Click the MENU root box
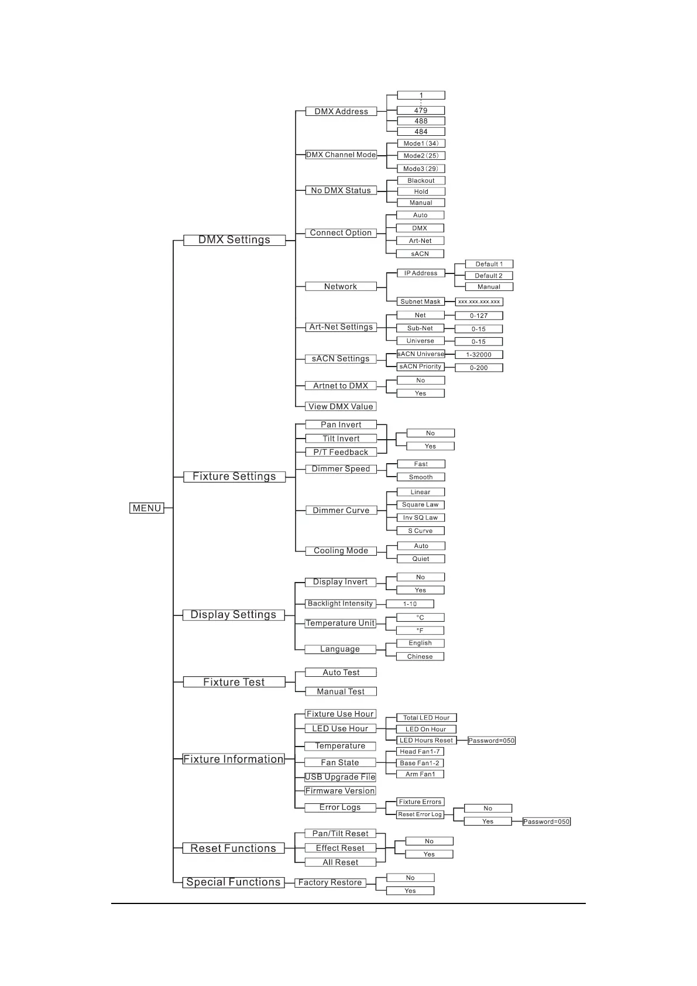pyautogui.click(x=146, y=508)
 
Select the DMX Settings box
pyautogui.click(x=234, y=240)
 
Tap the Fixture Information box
pyautogui.click(x=234, y=759)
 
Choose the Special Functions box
pyautogui.click(x=233, y=882)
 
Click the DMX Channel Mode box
pyautogui.click(x=341, y=155)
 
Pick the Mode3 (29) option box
pyautogui.click(x=421, y=169)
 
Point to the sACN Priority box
pyautogui.click(x=420, y=367)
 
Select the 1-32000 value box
pyautogui.click(x=479, y=355)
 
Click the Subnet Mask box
pyautogui.click(x=420, y=302)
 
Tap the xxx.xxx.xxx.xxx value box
pyautogui.click(x=479, y=302)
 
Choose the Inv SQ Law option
pyautogui.click(x=420, y=518)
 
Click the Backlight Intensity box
pyautogui.click(x=340, y=604)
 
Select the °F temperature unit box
pyautogui.click(x=420, y=631)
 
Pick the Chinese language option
pyautogui.click(x=420, y=656)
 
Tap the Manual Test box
pyautogui.click(x=341, y=691)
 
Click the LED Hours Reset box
pyautogui.click(x=426, y=741)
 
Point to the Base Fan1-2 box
pyautogui.click(x=420, y=763)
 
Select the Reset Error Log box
pyautogui.click(x=420, y=814)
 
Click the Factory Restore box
pyautogui.click(x=330, y=882)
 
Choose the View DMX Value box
pyautogui.click(x=341, y=406)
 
